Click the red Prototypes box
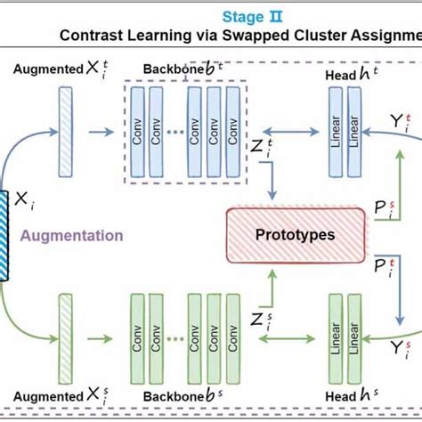296,235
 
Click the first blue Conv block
135,131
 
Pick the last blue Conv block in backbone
232,131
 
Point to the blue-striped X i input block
4,235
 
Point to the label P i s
383,209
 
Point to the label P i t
384,264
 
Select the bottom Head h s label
348,395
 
